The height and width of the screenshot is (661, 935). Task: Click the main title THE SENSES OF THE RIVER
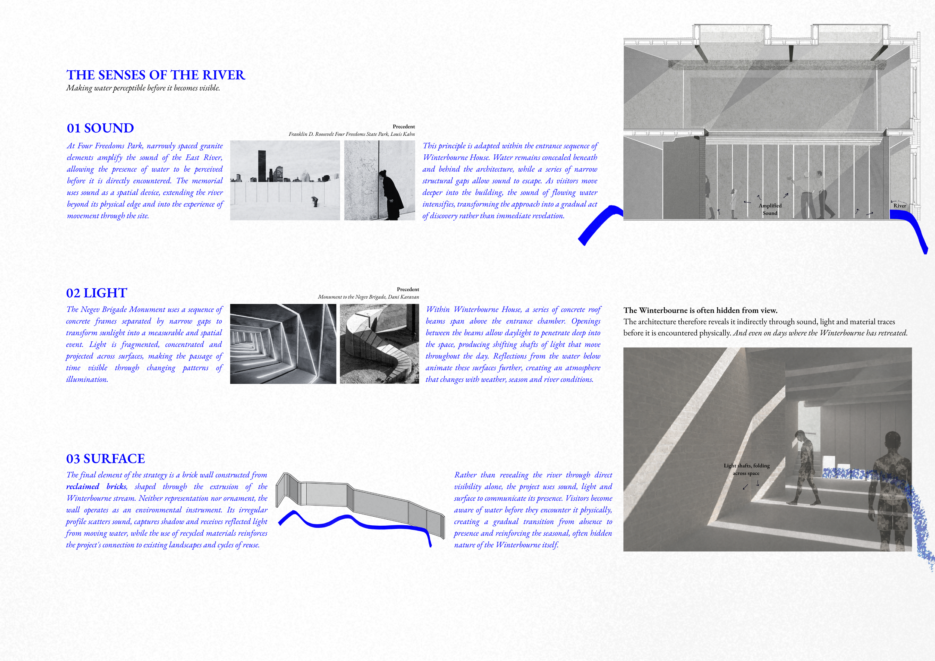(156, 75)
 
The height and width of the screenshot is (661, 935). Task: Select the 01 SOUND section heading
(100, 128)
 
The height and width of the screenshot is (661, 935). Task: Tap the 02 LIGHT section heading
(96, 293)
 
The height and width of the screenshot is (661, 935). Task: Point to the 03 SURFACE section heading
(105, 459)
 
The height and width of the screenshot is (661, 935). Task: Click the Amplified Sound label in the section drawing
(770, 209)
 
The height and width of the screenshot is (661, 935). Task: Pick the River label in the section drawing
(899, 206)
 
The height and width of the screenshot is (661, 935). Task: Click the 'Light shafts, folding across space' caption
(747, 469)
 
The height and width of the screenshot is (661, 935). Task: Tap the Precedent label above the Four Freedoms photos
(404, 127)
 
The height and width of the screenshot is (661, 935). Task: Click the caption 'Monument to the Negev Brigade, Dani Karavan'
(368, 297)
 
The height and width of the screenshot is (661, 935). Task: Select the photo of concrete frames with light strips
(283, 344)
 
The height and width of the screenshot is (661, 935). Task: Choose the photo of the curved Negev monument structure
(379, 344)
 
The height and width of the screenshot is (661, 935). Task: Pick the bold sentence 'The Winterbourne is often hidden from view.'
(701, 311)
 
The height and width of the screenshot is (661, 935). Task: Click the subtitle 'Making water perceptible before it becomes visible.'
(143, 88)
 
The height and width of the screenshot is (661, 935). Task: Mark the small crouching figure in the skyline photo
(315, 202)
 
